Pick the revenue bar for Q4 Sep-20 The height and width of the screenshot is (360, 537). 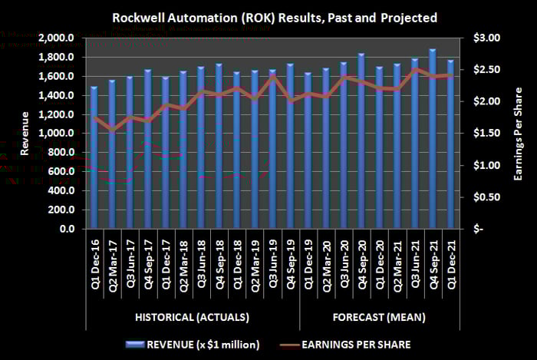(361, 141)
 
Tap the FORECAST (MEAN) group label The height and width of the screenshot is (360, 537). (379, 317)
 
